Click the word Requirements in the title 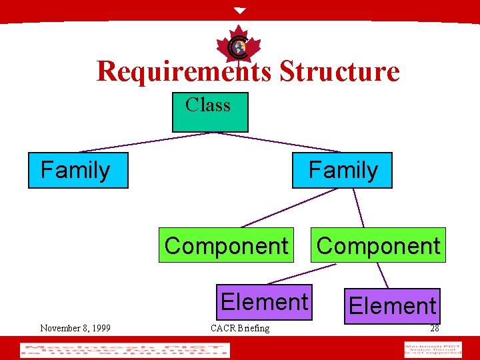click(184, 71)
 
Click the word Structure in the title click(339, 71)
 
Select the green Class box click(210, 112)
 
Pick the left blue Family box click(78, 171)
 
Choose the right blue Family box click(342, 171)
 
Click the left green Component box click(226, 246)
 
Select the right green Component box click(378, 246)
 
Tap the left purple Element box click(265, 302)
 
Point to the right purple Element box click(392, 306)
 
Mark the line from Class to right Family click(280, 142)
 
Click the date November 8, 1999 click(75, 328)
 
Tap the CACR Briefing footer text click(240, 328)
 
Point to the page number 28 click(434, 328)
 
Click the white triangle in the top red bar click(240, 11)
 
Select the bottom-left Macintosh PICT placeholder click(125, 350)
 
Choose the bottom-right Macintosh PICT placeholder click(433, 349)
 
